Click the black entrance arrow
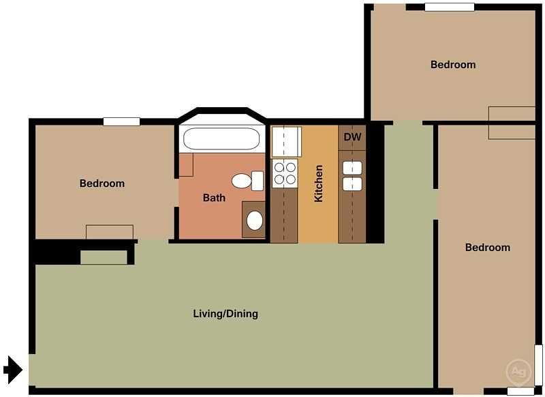(13, 369)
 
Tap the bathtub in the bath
(221, 140)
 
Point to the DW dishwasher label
(352, 137)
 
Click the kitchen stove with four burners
(285, 173)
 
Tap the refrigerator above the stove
(285, 141)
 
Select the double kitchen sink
(352, 175)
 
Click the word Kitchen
(318, 183)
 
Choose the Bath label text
(214, 198)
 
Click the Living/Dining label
(225, 314)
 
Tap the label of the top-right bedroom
(453, 65)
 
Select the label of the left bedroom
(102, 183)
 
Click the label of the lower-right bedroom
(488, 248)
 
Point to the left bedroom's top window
(121, 121)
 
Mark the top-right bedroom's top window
(449, 7)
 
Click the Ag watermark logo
(518, 372)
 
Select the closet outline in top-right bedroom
(512, 123)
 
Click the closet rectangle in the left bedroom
(109, 232)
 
